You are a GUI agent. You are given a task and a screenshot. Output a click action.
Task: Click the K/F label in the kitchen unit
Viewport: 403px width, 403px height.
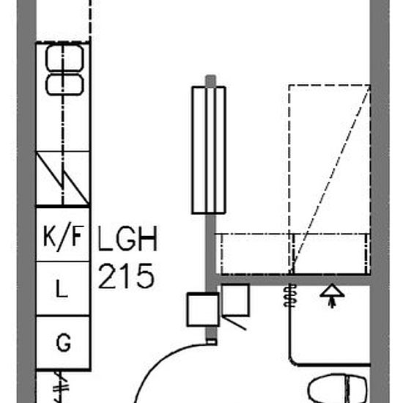[x=64, y=235]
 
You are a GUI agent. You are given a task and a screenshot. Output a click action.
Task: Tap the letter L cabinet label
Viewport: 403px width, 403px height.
[x=62, y=289]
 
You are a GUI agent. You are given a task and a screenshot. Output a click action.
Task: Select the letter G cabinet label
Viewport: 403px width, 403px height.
[x=64, y=342]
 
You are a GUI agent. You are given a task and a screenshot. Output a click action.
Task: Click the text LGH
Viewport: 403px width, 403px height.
[x=127, y=239]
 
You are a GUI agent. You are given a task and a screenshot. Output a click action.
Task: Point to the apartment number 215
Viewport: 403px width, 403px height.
[x=127, y=276]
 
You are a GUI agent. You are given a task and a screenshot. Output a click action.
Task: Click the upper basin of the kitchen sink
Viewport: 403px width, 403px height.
[x=64, y=58]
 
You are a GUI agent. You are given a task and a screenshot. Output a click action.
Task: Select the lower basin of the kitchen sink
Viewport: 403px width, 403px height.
[x=64, y=84]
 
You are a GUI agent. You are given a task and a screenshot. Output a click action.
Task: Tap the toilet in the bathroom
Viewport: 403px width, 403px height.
[x=338, y=388]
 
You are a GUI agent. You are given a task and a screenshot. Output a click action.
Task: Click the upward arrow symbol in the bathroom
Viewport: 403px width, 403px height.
[x=332, y=295]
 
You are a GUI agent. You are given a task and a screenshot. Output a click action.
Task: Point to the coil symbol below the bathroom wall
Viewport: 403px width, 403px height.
[x=290, y=295]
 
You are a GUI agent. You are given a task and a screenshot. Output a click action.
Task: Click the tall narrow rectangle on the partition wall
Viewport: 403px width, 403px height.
[x=209, y=150]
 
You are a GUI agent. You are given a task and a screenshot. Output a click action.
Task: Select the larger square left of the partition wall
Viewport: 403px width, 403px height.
[x=203, y=309]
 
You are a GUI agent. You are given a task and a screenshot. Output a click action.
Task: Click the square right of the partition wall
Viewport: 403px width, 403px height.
[x=235, y=300]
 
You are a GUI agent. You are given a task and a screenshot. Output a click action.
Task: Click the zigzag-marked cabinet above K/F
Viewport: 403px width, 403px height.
[x=63, y=179]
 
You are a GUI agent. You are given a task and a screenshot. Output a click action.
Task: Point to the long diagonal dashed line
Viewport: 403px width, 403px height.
[x=332, y=175]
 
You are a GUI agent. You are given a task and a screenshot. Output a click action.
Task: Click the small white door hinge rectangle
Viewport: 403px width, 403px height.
[x=212, y=342]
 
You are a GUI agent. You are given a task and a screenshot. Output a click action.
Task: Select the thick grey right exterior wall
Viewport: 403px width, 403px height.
[x=380, y=202]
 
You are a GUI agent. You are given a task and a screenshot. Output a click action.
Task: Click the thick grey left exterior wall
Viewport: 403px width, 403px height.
[x=26, y=202]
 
